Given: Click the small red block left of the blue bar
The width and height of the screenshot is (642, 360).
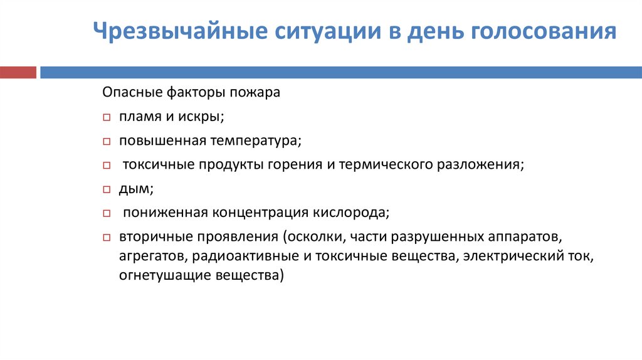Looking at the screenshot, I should (x=18, y=73).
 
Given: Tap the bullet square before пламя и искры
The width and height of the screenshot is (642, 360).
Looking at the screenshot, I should (x=106, y=117).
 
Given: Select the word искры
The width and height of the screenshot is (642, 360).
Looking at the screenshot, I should (x=204, y=117).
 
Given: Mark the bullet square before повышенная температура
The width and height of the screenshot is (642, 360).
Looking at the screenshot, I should (x=106, y=141).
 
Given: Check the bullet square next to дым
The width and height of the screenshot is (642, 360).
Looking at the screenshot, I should (x=106, y=189).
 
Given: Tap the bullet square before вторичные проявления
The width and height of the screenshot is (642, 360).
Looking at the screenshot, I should (x=106, y=238).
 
